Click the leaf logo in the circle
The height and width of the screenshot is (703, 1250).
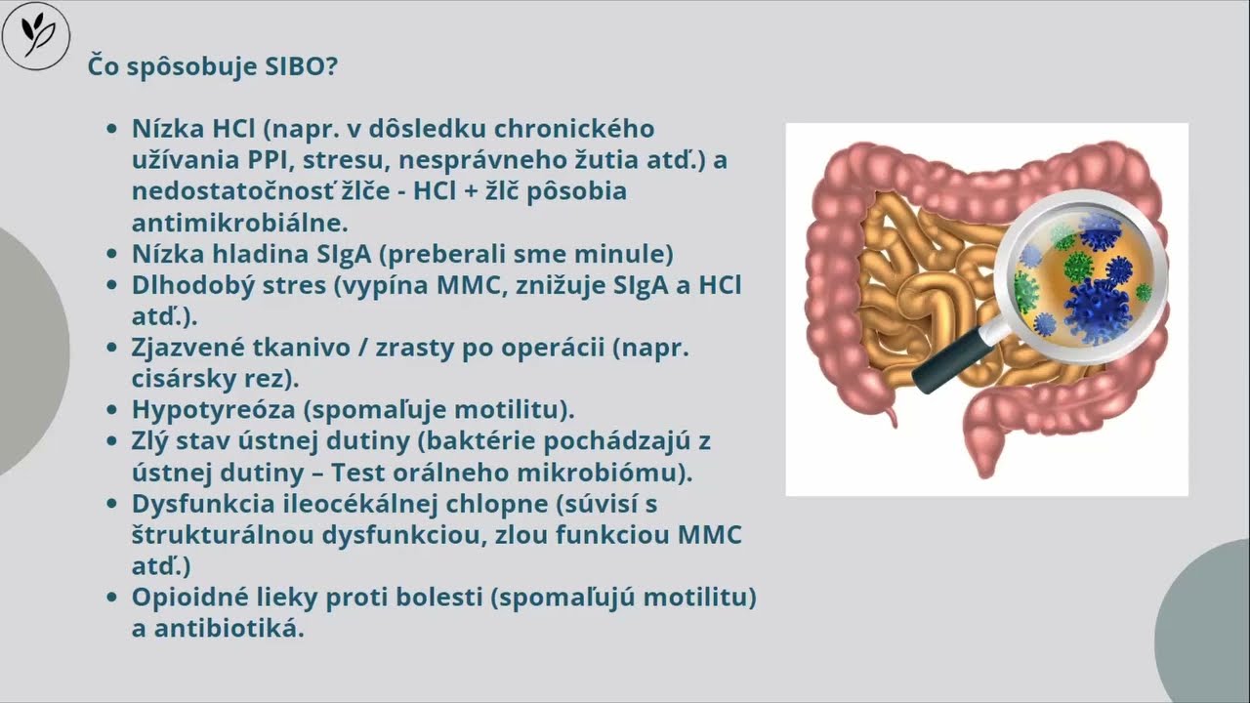click(36, 36)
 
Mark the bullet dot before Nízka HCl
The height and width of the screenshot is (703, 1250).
click(112, 130)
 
